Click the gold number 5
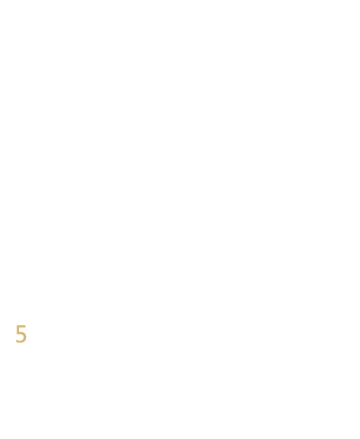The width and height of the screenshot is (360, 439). [x=21, y=334]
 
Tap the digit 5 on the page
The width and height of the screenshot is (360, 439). [x=21, y=334]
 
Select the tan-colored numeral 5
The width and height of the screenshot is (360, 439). [x=21, y=334]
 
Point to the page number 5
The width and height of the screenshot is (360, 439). [x=21, y=334]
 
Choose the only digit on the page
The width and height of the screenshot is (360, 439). [x=21, y=334]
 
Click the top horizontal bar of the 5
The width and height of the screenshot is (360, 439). [x=21, y=326]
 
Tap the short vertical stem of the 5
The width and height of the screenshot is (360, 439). [x=18, y=329]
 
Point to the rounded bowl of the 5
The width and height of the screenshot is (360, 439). [x=25, y=337]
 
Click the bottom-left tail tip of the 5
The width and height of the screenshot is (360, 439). [x=16, y=340]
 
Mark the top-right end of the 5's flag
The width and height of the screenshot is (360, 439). [x=25, y=325]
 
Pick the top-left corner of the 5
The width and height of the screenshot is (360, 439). [x=17, y=325]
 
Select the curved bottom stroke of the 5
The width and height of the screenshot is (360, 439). [x=21, y=342]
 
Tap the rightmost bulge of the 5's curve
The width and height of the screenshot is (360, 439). [x=27, y=337]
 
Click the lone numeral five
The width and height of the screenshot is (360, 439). [x=21, y=334]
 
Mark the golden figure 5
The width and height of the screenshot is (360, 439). [x=21, y=334]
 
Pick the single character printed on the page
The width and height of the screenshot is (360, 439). [x=21, y=334]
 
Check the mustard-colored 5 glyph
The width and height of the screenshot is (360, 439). [x=21, y=334]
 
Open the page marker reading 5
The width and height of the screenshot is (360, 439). [x=21, y=334]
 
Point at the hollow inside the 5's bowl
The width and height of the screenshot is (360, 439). [x=21, y=337]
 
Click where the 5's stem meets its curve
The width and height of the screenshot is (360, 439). [x=18, y=332]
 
